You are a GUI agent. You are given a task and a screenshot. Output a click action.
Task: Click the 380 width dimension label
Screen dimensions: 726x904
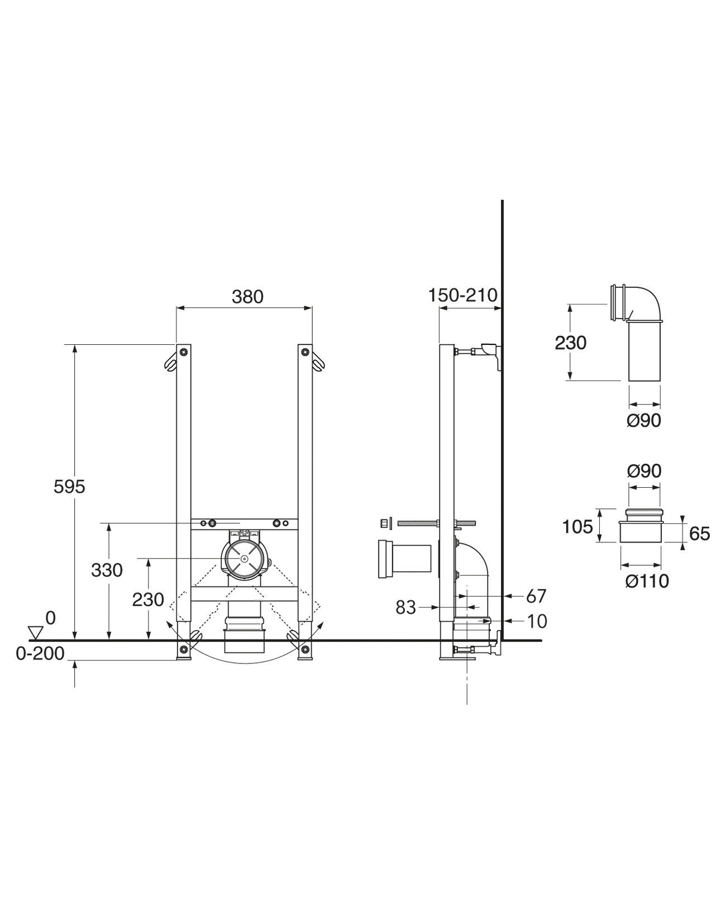pos(247,297)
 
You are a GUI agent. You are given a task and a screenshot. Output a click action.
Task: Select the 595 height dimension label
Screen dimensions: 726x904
pos(69,487)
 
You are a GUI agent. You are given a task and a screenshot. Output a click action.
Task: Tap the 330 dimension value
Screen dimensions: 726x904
pos(107,570)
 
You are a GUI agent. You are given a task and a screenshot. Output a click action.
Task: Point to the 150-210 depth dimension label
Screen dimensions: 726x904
pos(463,295)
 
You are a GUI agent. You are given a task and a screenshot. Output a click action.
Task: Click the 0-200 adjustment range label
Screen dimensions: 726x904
pos(40,653)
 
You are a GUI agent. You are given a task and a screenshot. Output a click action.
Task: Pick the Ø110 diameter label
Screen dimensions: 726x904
pos(647,581)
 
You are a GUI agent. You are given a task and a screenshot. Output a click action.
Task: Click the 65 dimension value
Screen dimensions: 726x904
pos(700,534)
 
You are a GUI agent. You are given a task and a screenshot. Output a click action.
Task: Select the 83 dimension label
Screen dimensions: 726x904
pos(405,608)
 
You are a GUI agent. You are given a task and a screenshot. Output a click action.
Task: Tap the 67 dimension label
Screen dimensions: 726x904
pos(536,597)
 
